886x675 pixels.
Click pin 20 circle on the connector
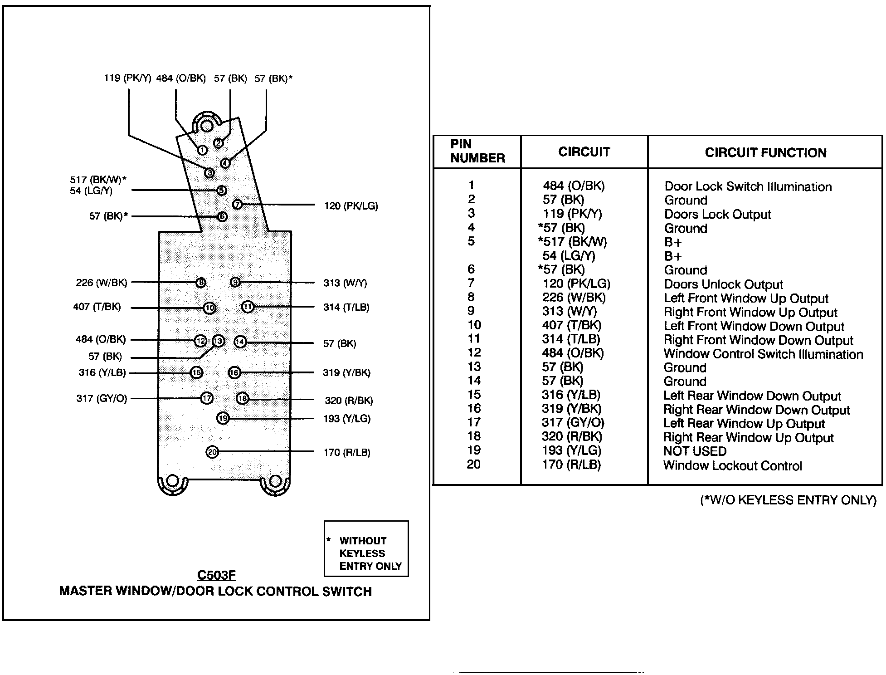click(x=212, y=452)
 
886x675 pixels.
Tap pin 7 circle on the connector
click(x=237, y=205)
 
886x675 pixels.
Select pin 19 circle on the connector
click(x=223, y=418)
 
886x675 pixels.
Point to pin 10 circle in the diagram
click(x=209, y=308)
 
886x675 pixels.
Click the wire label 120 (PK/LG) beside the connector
click(x=351, y=206)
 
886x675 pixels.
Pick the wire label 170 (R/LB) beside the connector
click(x=346, y=453)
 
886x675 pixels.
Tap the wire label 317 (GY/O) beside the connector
click(x=102, y=399)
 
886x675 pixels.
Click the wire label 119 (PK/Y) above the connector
click(x=127, y=78)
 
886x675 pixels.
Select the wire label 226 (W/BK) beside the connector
click(x=102, y=283)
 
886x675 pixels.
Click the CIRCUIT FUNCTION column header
click(x=765, y=153)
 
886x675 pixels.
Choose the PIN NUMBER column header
click(x=477, y=151)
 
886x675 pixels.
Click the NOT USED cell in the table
click(x=695, y=451)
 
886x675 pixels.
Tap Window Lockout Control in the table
click(x=732, y=466)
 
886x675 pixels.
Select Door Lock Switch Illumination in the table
click(x=748, y=187)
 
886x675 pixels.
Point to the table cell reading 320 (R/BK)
click(x=572, y=437)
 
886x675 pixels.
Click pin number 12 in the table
click(x=474, y=353)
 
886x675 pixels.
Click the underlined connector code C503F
click(x=216, y=575)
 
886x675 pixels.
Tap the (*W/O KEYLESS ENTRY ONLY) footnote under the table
click(x=788, y=500)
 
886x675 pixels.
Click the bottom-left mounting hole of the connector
click(x=173, y=481)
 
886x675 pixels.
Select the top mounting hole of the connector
click(x=207, y=125)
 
